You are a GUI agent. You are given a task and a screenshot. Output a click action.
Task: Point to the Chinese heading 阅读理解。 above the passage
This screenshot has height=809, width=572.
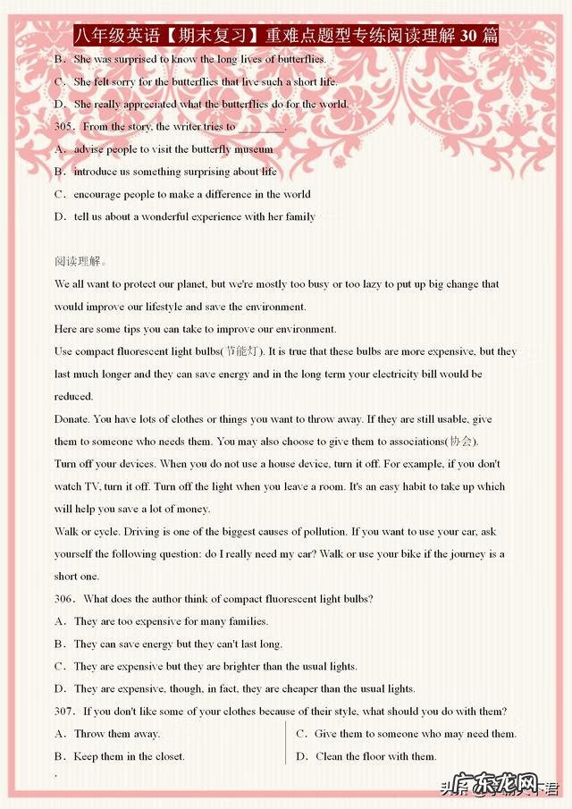[x=80, y=262]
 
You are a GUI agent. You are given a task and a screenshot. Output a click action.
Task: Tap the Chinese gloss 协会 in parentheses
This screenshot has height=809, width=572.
[x=462, y=442]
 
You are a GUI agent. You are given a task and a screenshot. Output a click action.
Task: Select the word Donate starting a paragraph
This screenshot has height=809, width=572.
[x=71, y=419]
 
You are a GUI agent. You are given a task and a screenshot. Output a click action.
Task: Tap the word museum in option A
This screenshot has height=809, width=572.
[x=253, y=149]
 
